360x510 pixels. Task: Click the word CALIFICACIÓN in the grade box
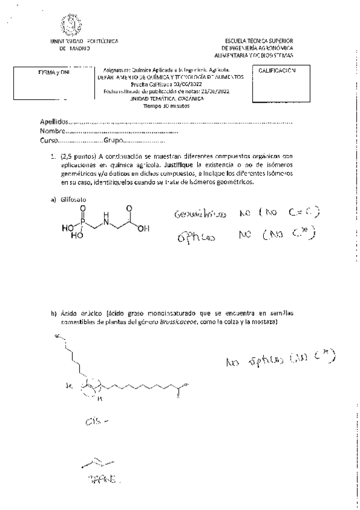[278, 71]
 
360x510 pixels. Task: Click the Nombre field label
[51, 131]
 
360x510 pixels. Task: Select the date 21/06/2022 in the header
[215, 91]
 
